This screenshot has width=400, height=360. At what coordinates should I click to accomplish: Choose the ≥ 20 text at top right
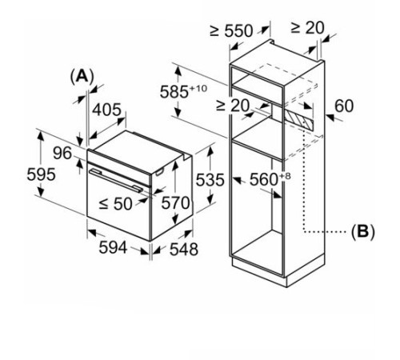tap(306, 27)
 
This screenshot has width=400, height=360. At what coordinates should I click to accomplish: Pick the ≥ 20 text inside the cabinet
tap(233, 105)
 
